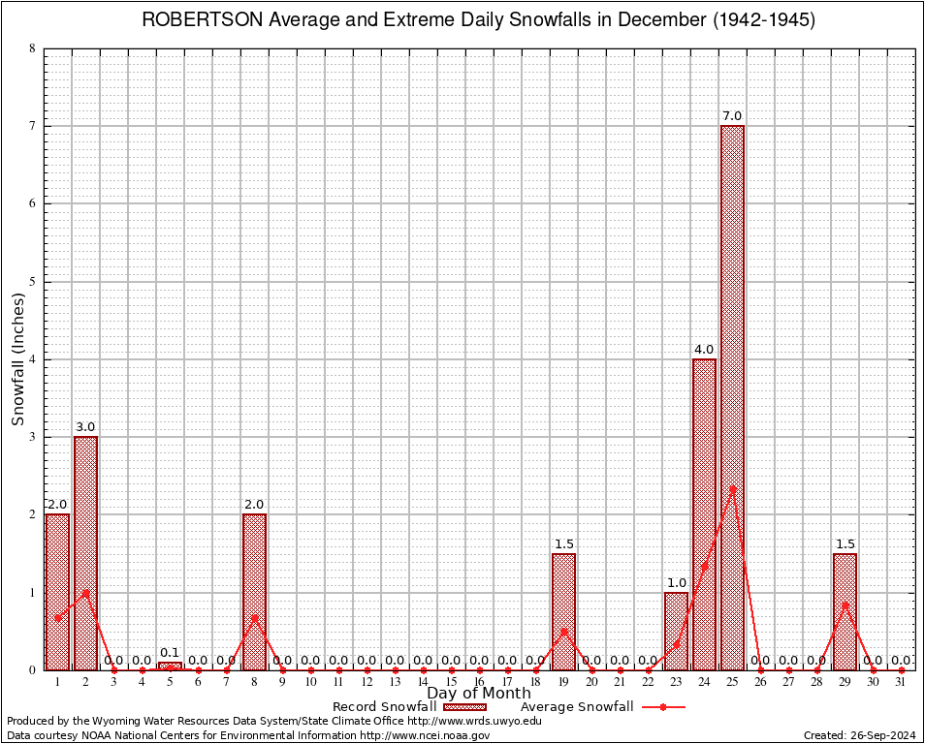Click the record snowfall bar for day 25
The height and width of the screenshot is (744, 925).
click(x=732, y=397)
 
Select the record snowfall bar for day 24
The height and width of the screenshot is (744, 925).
click(x=704, y=513)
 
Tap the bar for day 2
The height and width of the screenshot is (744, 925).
click(x=85, y=552)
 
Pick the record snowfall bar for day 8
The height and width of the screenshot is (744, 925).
click(x=254, y=591)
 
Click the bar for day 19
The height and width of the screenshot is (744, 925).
click(x=563, y=610)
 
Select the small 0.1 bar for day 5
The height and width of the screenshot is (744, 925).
click(x=170, y=666)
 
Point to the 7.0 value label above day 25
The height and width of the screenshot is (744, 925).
click(x=732, y=116)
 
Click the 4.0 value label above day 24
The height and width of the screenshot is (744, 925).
click(x=704, y=349)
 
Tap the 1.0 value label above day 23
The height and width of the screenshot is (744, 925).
click(x=676, y=582)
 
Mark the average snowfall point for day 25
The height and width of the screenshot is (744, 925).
click(x=732, y=488)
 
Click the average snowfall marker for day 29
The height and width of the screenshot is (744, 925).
click(x=845, y=605)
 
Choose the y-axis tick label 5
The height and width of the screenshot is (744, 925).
click(x=33, y=282)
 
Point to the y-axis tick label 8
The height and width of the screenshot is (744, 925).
click(x=33, y=48)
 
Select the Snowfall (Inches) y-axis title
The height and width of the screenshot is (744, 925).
click(x=18, y=358)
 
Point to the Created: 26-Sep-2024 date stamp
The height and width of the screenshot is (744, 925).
click(x=859, y=735)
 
